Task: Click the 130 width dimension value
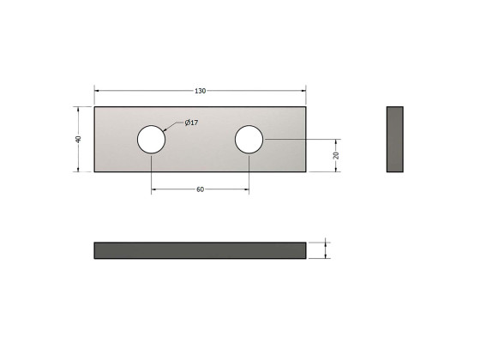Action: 200,90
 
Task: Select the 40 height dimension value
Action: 78,139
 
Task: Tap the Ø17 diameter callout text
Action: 192,123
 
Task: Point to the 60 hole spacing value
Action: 200,190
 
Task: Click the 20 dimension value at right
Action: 337,155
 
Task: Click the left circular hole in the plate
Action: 152,139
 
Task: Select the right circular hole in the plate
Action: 249,139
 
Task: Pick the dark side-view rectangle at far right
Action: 395,139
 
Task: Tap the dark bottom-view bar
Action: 200,250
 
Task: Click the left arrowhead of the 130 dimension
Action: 97,90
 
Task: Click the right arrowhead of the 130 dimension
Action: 303,90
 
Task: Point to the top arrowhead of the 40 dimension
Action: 78,109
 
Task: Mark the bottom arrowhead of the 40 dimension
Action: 78,169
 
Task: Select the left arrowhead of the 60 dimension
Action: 154,190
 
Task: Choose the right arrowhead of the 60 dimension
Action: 247,190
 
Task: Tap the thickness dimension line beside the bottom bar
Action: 325,250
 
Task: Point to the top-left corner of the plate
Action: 94,106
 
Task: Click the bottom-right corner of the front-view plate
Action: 305,172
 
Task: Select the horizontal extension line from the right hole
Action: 300,139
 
